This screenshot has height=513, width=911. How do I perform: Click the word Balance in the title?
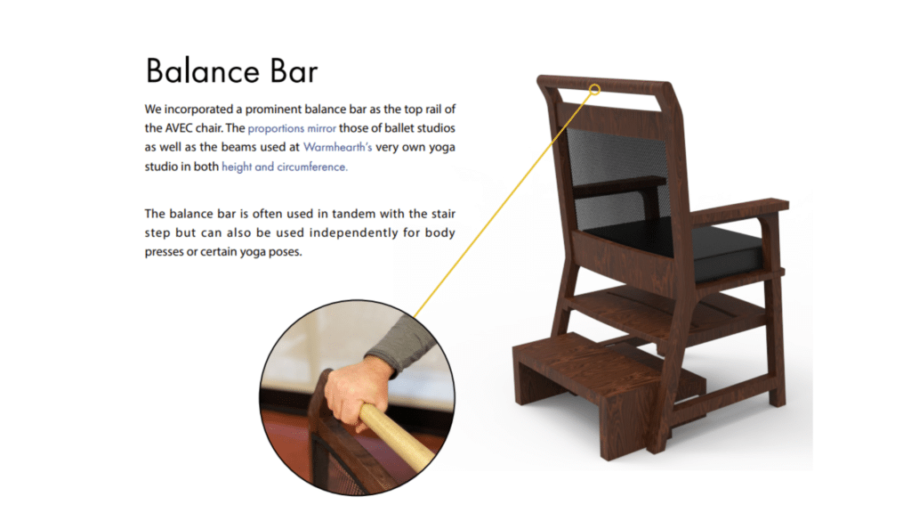coord(202,71)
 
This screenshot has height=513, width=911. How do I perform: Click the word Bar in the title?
coord(294,71)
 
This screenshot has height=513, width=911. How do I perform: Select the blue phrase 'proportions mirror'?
coord(292,128)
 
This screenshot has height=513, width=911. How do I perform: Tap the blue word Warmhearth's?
coord(337,147)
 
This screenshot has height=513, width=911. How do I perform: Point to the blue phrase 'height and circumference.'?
coord(285,167)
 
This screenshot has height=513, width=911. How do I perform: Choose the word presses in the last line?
coord(164,252)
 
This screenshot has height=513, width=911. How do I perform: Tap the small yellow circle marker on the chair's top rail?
coord(595,89)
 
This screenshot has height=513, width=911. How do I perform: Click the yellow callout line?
coord(504,204)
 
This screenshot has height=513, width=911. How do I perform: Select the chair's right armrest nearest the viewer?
coord(738,213)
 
